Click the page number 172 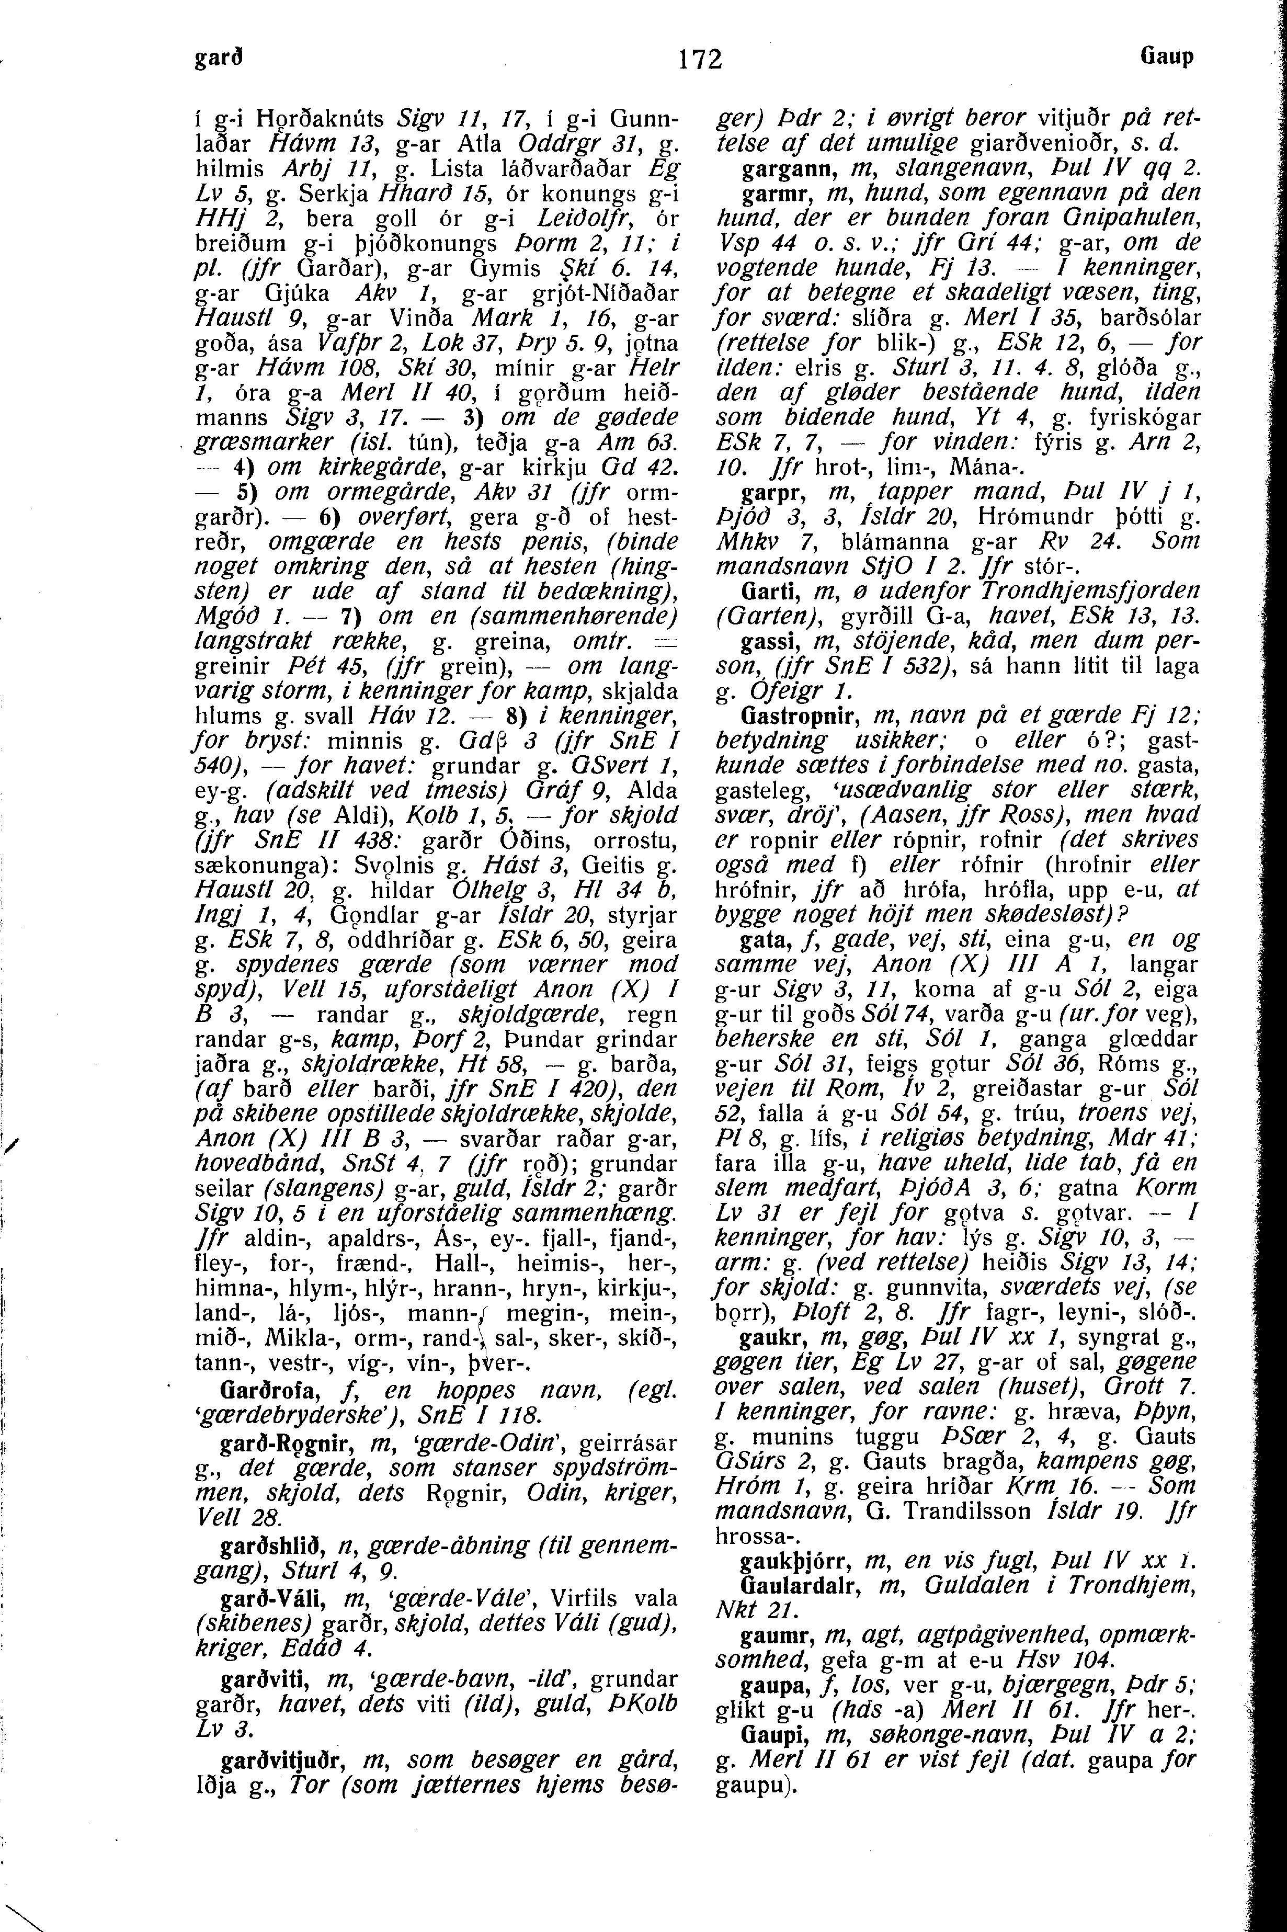[x=700, y=59]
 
